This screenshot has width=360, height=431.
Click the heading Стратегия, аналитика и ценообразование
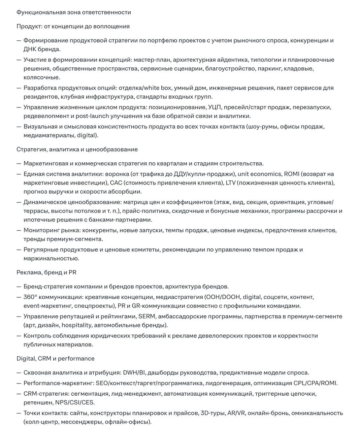(77, 149)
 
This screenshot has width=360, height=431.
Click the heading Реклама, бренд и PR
(46, 272)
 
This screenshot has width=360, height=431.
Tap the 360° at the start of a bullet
(30, 297)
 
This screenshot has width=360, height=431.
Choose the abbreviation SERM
(146, 317)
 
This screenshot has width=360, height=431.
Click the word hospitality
(76, 325)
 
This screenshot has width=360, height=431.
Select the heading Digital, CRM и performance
(56, 358)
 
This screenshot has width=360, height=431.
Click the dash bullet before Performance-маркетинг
(19, 383)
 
